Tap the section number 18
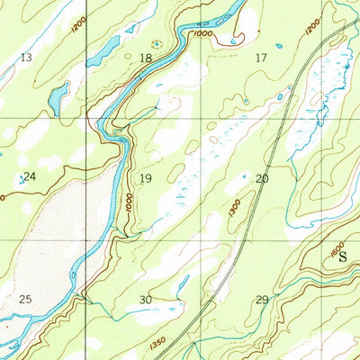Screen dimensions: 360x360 [x=146, y=58]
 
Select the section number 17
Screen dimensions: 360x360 [x=262, y=58]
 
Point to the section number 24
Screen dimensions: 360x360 [x=29, y=176]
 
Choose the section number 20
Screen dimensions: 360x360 [x=262, y=178]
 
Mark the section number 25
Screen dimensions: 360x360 [x=25, y=298]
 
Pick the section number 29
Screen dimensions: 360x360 [x=262, y=299]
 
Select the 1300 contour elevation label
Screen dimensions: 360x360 [x=235, y=209]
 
